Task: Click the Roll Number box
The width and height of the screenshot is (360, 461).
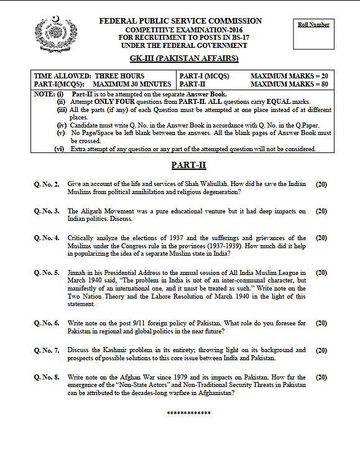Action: point(313,29)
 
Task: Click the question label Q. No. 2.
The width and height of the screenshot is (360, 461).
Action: point(47,184)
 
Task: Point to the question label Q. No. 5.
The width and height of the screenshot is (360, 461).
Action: point(47,272)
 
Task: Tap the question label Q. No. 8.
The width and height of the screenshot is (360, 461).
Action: point(47,377)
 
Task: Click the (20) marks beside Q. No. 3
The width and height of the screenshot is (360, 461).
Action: point(321,211)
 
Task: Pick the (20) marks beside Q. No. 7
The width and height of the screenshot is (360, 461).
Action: point(321,350)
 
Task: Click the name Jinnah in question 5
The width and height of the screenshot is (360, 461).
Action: point(78,272)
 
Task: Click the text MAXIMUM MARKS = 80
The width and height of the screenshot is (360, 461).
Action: point(289,83)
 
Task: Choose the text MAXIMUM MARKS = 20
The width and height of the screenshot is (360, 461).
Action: point(289,75)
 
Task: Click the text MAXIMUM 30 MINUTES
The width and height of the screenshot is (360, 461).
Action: point(132,83)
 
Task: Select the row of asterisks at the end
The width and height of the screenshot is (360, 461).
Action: point(189,414)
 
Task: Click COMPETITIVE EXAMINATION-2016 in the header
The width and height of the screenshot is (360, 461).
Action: point(180,30)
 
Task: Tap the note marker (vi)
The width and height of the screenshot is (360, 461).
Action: point(60,149)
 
